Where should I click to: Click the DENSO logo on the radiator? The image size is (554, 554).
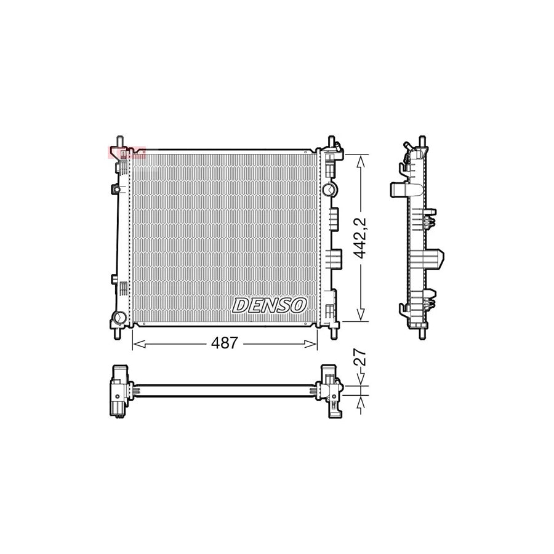[269, 304]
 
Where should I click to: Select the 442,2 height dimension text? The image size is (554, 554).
[362, 237]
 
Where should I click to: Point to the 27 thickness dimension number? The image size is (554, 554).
[361, 359]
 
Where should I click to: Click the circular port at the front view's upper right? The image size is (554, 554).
[330, 189]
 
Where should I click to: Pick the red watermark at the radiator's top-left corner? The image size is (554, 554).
[126, 151]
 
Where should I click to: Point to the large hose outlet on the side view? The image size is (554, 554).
[443, 259]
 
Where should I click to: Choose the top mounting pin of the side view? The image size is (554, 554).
[422, 141]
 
